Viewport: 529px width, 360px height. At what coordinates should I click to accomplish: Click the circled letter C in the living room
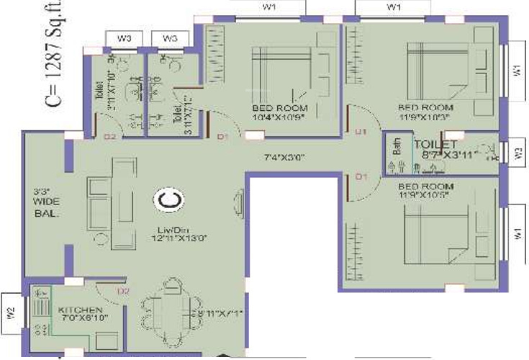(x=168, y=201)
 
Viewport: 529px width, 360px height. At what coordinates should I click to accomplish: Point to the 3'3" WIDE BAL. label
(x=45, y=203)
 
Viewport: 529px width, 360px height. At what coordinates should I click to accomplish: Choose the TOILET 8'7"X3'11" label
(x=445, y=149)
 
